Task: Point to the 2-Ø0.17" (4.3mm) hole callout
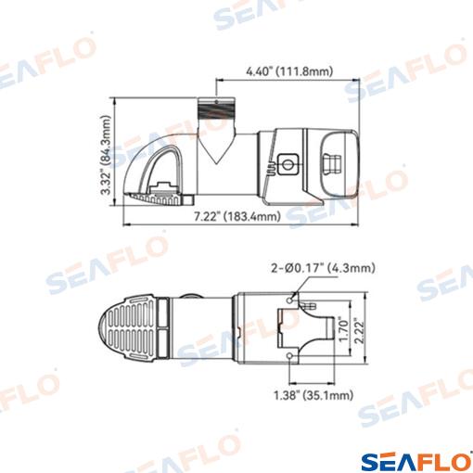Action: click(324, 268)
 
